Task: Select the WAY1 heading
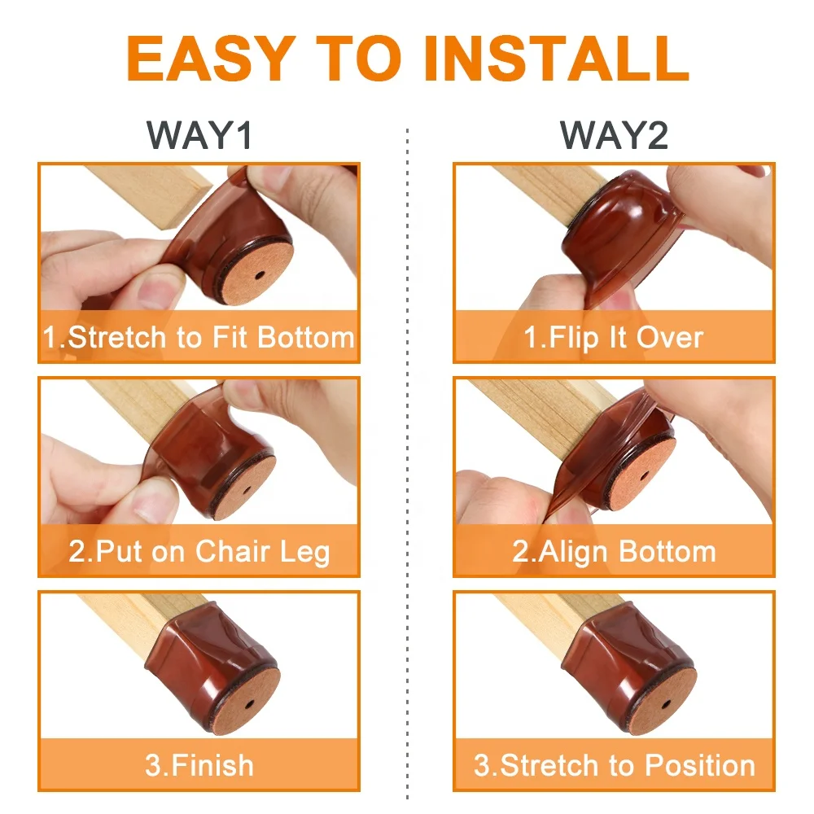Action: pyautogui.click(x=200, y=135)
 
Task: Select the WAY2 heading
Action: pyautogui.click(x=615, y=135)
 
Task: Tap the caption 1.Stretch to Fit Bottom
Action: pyautogui.click(x=199, y=338)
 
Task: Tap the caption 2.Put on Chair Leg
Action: pyautogui.click(x=199, y=552)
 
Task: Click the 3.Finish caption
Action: pyautogui.click(x=199, y=765)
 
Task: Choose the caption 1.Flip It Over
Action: pyautogui.click(x=615, y=338)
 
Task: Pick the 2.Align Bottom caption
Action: pyautogui.click(x=615, y=552)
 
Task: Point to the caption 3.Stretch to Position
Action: pyautogui.click(x=615, y=765)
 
